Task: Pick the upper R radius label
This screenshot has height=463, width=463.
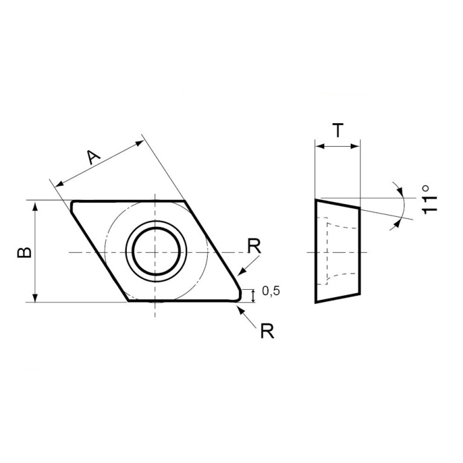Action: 254,246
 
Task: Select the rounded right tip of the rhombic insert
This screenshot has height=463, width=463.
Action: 240,294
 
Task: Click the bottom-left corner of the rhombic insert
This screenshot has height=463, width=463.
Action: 129,300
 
